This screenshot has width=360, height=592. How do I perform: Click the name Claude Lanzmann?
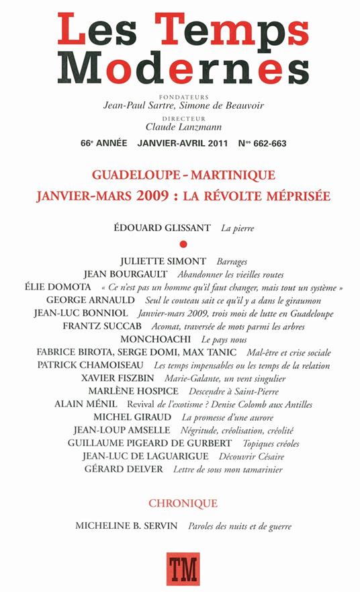point(179,125)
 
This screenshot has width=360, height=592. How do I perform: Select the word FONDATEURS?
point(180,95)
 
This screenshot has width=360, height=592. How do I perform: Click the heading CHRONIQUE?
point(179,503)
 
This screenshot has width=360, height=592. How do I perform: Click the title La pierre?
point(238,228)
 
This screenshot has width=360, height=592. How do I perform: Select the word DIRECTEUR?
point(180,116)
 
